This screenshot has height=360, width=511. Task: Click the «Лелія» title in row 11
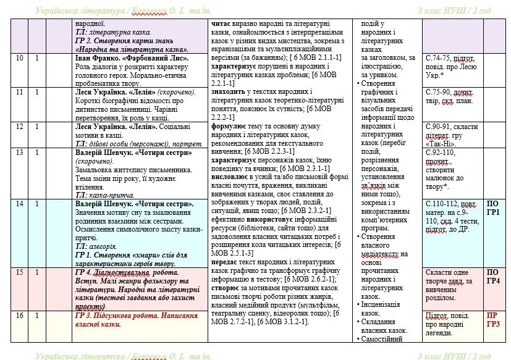(146, 92)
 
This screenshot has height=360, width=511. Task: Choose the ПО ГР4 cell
(493, 277)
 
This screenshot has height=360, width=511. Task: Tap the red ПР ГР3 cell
(493, 320)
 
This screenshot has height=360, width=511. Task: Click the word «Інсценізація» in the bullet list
(384, 304)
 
